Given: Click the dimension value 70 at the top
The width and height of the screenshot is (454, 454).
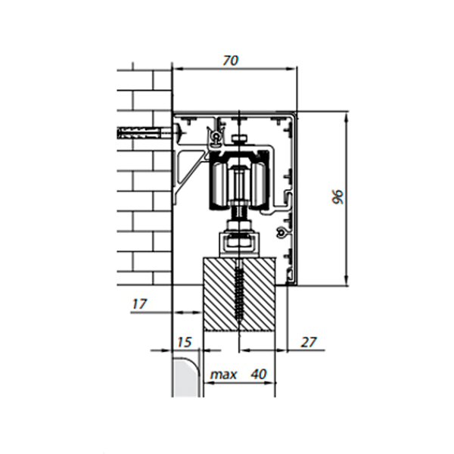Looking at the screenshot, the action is (231, 61).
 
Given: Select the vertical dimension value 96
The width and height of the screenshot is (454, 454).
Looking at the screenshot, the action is (337, 197).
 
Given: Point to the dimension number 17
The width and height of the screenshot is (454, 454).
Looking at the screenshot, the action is (139, 304).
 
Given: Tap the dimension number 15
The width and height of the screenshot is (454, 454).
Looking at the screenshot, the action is (184, 342).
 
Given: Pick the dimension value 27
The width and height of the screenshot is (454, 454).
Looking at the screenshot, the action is (309, 342).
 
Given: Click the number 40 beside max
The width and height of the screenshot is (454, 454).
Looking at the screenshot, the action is (259, 374).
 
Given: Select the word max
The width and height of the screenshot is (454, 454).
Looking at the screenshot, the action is (223, 375).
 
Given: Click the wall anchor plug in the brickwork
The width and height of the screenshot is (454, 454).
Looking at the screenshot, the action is (140, 134).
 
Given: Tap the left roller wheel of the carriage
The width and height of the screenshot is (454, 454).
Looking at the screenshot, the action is (219, 185).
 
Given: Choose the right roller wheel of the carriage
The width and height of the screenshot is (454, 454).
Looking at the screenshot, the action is (260, 185).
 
